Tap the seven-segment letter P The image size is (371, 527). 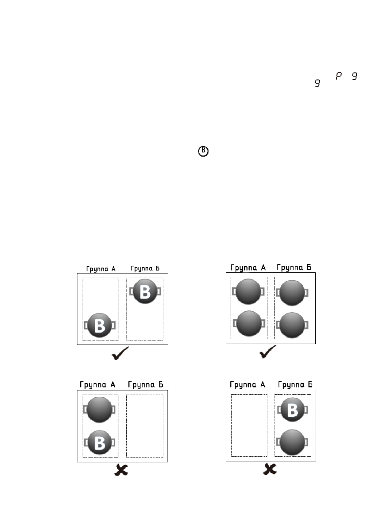click(339, 77)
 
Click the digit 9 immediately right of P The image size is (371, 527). click(354, 77)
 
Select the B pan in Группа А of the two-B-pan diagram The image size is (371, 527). click(100, 325)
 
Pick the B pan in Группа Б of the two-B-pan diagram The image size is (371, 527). click(145, 291)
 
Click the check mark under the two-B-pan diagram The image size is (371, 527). click(120, 353)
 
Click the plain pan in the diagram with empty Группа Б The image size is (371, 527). click(100, 409)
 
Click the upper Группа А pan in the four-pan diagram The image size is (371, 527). click(248, 291)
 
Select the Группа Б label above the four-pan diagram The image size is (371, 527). click(294, 267)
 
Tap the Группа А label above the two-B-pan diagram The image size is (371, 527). click(100, 269)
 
